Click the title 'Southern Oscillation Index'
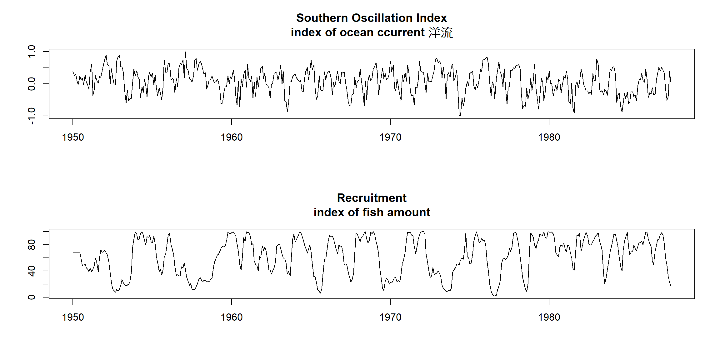coord(371,18)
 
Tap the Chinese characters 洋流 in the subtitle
coord(440,33)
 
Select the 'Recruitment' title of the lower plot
coord(372,198)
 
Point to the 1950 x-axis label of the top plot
coord(73,137)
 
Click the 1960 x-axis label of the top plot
coord(232,137)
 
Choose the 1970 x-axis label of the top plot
coord(390,137)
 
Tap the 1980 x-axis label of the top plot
coord(549,137)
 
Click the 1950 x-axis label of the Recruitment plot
coord(73,317)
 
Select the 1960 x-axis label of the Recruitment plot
coord(232,317)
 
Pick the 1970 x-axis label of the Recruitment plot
coord(390,317)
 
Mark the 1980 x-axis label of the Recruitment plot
coord(549,317)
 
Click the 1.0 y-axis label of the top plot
coord(32,51)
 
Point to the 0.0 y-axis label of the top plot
coord(32,84)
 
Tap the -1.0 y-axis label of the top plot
coord(32,116)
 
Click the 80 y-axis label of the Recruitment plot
coord(32,245)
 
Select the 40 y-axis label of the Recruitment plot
coord(32,271)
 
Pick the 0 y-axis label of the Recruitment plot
coord(32,297)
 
